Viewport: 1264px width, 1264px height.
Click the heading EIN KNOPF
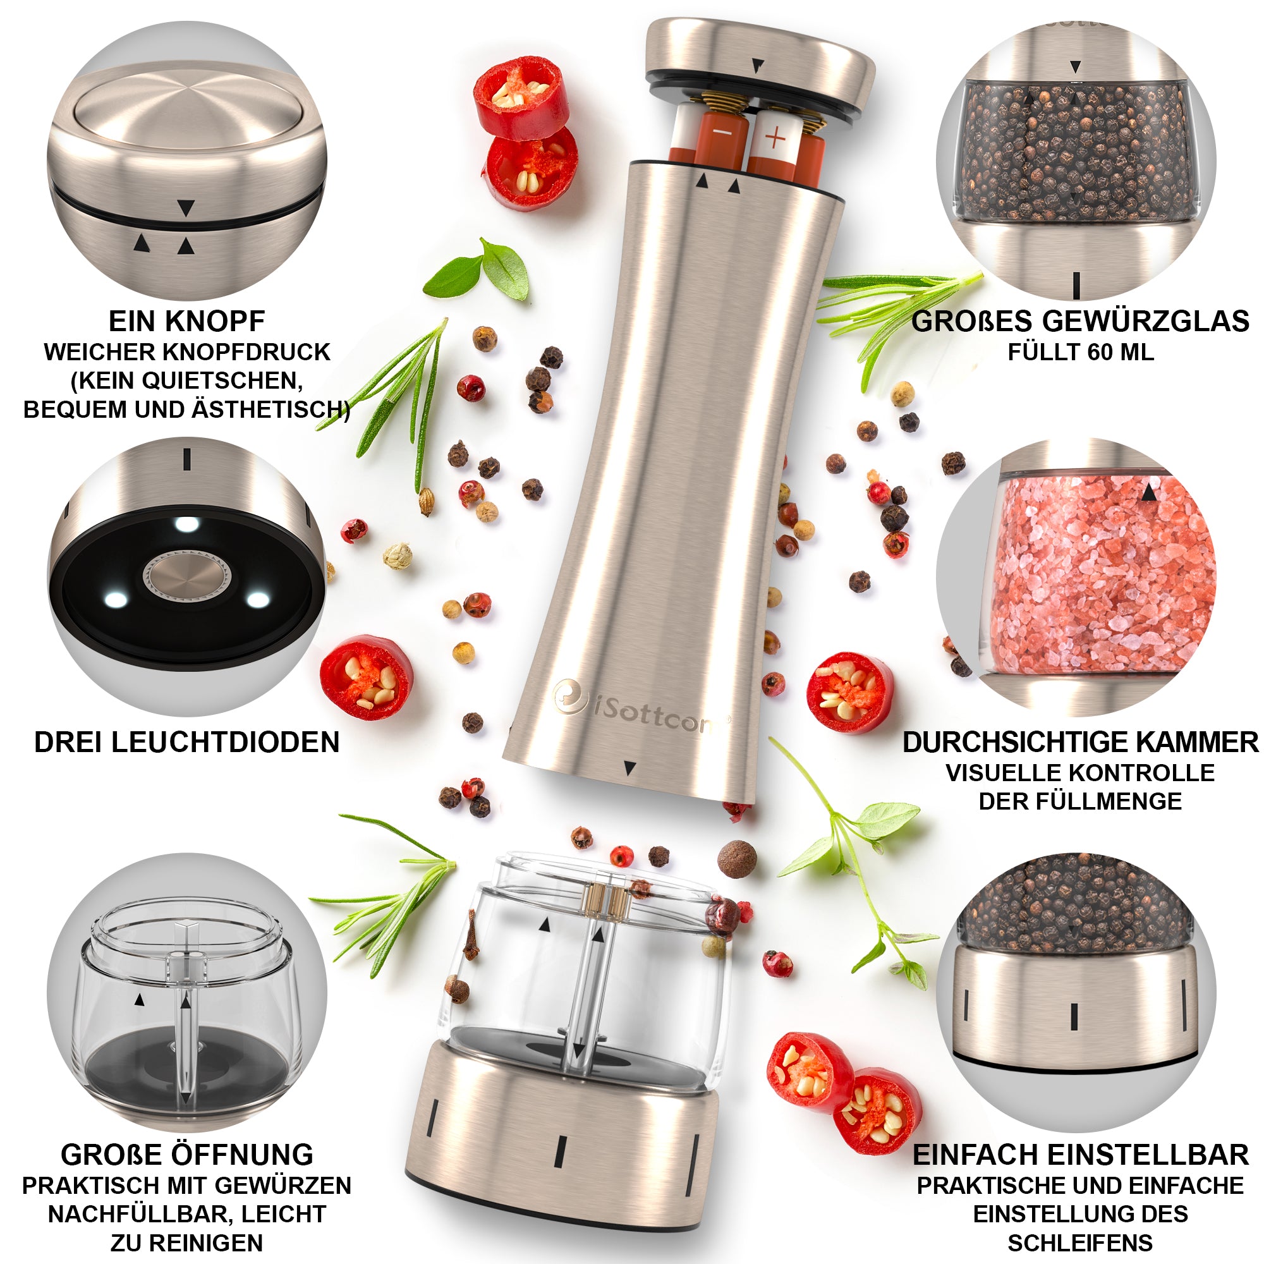(186, 321)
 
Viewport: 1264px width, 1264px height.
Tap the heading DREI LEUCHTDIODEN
(187, 743)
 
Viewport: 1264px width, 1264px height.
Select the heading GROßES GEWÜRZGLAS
(1080, 321)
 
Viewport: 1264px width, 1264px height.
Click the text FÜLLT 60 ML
(1080, 353)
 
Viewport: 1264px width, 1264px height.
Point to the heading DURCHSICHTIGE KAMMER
(1080, 743)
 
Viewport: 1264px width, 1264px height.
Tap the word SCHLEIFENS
(1080, 1243)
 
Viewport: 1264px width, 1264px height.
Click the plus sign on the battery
(775, 138)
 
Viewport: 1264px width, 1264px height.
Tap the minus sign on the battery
(722, 133)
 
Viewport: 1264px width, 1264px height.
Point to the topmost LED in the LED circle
(187, 525)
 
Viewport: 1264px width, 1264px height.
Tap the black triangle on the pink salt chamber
(1148, 491)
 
